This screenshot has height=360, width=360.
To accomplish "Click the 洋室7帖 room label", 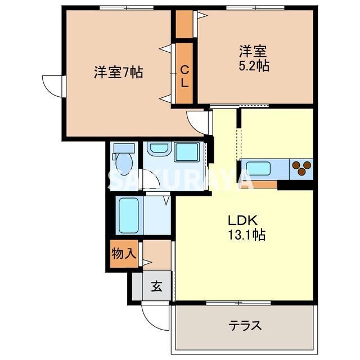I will click(118, 73).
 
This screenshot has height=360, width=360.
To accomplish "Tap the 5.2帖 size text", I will click(253, 66).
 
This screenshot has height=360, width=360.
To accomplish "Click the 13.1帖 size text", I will click(246, 235).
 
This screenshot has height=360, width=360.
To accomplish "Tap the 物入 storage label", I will click(123, 253).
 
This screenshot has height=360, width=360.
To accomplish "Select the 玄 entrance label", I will click(156, 286).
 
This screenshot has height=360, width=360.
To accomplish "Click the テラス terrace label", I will click(245, 325).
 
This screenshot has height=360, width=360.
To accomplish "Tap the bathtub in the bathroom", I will click(129, 214).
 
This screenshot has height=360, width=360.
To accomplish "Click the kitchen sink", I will click(258, 169).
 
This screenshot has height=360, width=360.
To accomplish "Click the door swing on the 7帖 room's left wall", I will click(53, 86).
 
